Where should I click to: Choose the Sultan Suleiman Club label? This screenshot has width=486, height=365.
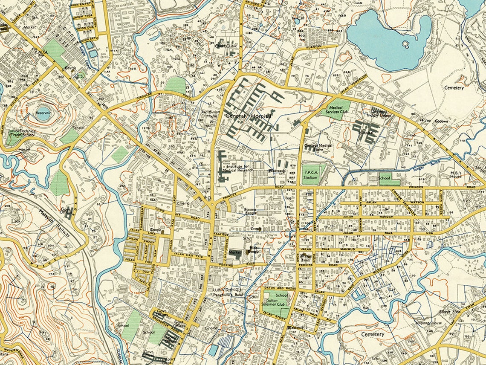(x=275, y=303)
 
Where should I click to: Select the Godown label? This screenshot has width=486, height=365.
(x=441, y=122)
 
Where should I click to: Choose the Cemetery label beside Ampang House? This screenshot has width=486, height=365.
(x=373, y=334)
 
